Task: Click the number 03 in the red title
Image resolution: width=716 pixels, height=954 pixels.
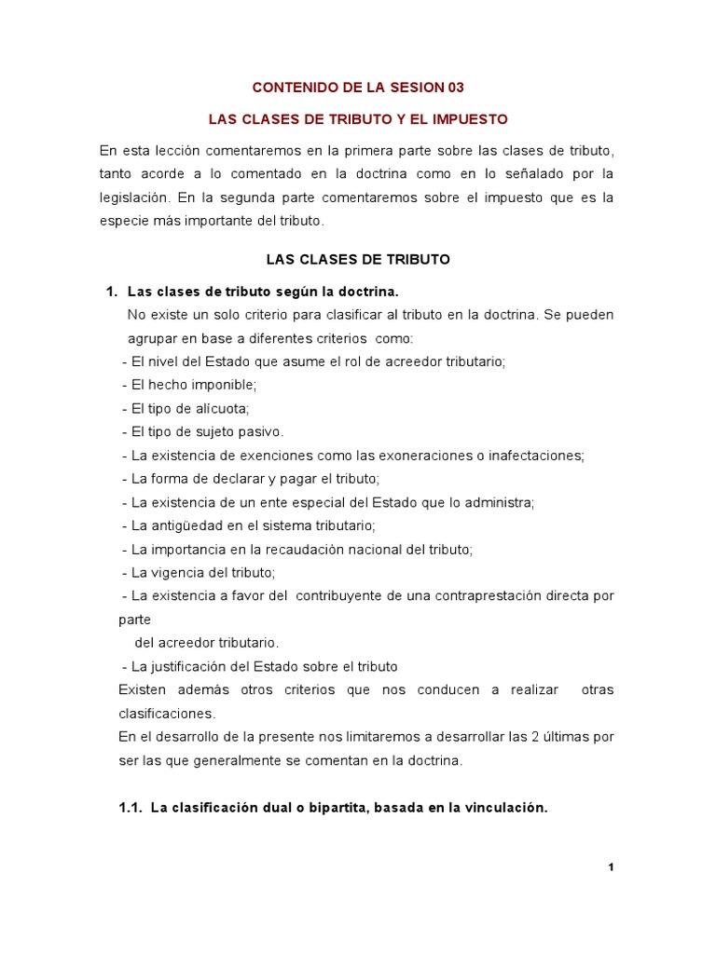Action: pyautogui.click(x=453, y=88)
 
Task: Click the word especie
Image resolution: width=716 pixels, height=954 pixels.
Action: pyautogui.click(x=122, y=221)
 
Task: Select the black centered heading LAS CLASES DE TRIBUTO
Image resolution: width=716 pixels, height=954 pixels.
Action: pyautogui.click(x=358, y=260)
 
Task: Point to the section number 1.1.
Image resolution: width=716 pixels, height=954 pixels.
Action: pyautogui.click(x=130, y=809)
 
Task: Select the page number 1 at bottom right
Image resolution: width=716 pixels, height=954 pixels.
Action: pyautogui.click(x=611, y=867)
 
